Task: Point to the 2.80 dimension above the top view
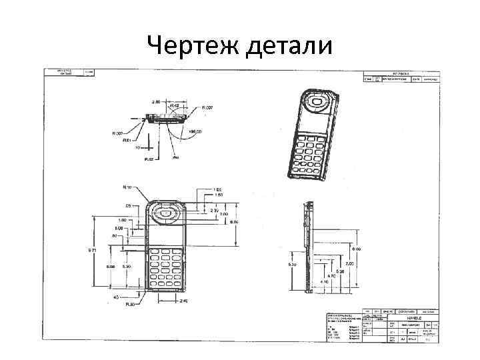click(156, 102)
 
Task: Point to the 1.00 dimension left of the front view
click(123, 220)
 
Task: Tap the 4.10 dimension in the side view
click(324, 282)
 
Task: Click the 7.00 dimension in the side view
click(349, 264)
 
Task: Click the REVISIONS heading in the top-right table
click(400, 73)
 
